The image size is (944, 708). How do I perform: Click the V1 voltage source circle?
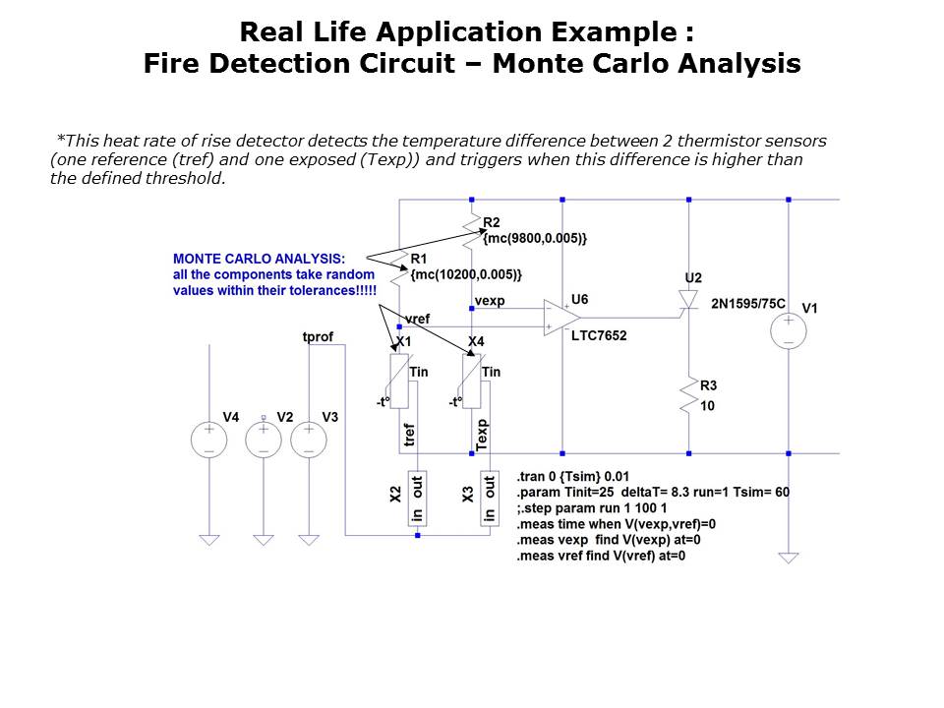789,331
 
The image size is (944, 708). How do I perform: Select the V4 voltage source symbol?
208,439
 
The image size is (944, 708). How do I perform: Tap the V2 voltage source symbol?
264,439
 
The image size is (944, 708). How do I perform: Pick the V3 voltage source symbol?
309,439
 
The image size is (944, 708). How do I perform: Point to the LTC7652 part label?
599,335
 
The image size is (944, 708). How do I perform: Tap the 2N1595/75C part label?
748,304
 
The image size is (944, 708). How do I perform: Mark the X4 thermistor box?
472,382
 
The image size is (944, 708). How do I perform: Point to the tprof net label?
318,337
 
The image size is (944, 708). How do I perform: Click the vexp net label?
489,301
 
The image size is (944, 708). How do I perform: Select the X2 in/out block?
417,500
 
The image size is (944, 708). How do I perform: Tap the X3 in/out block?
489,500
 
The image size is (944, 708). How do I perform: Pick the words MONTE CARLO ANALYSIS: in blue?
259,258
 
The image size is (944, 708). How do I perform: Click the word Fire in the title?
173,65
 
